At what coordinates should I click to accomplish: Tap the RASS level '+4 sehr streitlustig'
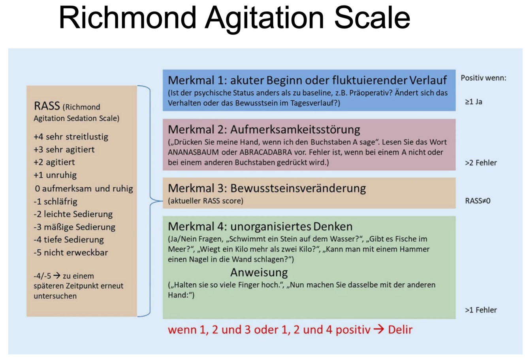71,137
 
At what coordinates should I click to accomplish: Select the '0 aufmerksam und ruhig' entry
84,188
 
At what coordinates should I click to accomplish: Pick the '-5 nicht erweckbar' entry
71,253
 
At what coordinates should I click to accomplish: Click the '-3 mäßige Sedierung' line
74,227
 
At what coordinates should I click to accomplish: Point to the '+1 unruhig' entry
55,175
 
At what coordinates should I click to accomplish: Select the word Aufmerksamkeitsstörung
295,130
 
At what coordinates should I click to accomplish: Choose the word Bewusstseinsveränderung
298,188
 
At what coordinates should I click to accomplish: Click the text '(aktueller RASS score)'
205,201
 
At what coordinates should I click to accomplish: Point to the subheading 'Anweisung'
259,272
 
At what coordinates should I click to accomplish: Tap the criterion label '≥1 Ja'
473,102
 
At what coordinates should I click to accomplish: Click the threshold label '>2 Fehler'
481,163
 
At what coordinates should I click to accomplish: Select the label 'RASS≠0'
478,201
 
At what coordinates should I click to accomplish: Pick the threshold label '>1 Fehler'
481,310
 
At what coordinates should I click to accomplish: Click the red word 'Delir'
400,330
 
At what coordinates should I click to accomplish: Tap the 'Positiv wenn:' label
483,78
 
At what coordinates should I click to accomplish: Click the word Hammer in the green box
414,249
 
